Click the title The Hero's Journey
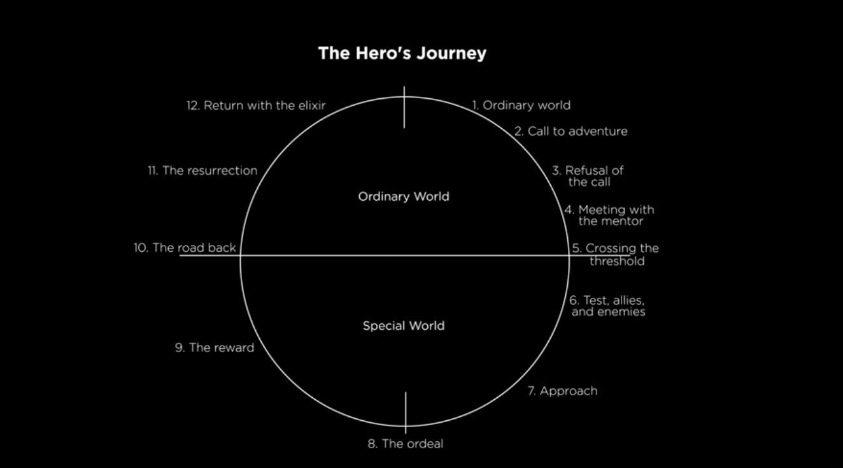pyautogui.click(x=402, y=53)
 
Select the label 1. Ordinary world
pyautogui.click(x=521, y=105)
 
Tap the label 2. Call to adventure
pyautogui.click(x=570, y=131)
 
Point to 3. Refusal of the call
pyautogui.click(x=588, y=176)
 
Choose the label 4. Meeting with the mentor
pyautogui.click(x=609, y=216)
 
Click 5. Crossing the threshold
pyautogui.click(x=615, y=254)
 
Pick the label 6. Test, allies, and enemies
pyautogui.click(x=607, y=306)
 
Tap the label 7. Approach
pyautogui.click(x=562, y=391)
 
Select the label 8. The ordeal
pyautogui.click(x=406, y=444)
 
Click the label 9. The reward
pyautogui.click(x=215, y=347)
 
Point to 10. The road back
pyautogui.click(x=185, y=247)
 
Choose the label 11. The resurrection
pyautogui.click(x=202, y=171)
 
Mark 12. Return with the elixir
pyautogui.click(x=256, y=105)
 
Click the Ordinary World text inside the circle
pyautogui.click(x=404, y=196)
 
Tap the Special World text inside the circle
pyautogui.click(x=404, y=326)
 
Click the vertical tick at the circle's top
pyautogui.click(x=404, y=107)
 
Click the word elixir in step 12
pyautogui.click(x=311, y=105)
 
